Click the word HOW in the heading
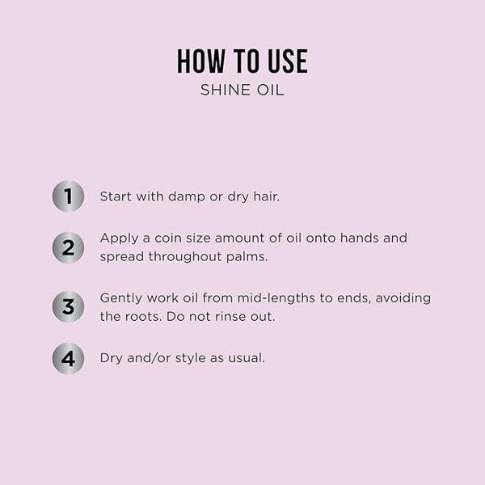(x=200, y=61)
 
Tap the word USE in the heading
(x=288, y=61)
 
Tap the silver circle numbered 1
(x=68, y=196)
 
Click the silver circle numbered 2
(x=68, y=247)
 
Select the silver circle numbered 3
(x=68, y=306)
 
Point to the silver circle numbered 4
(x=68, y=358)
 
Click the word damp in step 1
(x=187, y=197)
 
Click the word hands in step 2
(x=360, y=238)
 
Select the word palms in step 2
(x=247, y=257)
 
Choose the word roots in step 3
(x=144, y=317)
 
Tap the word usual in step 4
(x=247, y=358)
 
